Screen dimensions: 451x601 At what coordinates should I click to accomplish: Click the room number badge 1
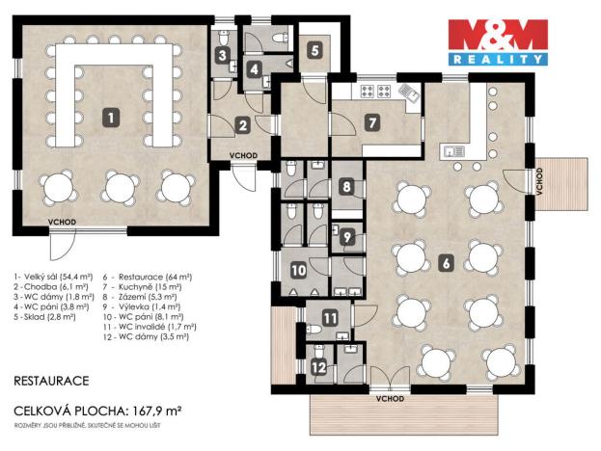pos(112,118)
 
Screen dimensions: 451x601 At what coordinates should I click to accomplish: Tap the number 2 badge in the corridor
pos(243,123)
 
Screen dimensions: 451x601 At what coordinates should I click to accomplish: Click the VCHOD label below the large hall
pos(64,223)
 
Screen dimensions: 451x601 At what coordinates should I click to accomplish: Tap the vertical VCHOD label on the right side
pos(539,180)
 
